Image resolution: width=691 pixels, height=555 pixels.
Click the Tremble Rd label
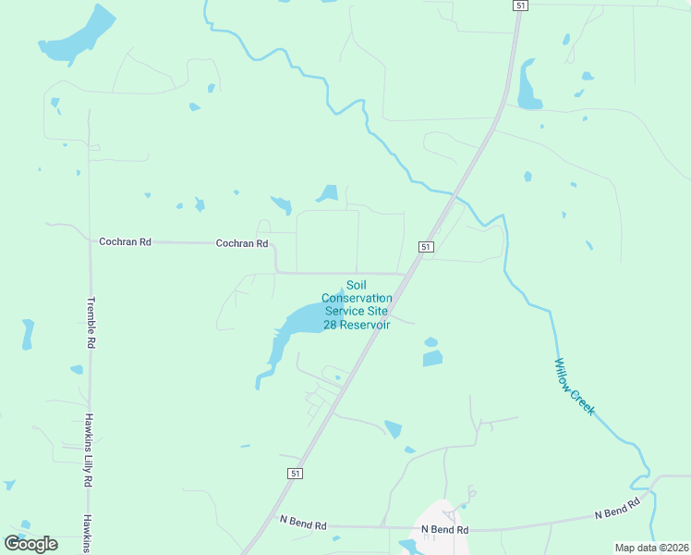[x=91, y=322]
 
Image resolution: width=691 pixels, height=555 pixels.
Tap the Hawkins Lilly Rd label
[x=90, y=450]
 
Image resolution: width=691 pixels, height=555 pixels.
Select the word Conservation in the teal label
[x=357, y=298]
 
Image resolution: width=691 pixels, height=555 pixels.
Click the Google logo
[x=30, y=544]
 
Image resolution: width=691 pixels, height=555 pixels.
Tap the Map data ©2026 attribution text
[x=651, y=548]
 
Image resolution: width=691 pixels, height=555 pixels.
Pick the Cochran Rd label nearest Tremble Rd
[x=125, y=241]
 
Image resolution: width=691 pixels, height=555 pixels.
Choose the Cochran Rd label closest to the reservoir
[x=241, y=244]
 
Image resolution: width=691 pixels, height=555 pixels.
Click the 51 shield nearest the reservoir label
[x=425, y=247]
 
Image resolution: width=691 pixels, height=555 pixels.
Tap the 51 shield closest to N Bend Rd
[x=295, y=473]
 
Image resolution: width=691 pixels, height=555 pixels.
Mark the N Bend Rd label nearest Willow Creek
[x=617, y=509]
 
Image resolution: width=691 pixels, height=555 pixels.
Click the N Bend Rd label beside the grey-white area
[x=445, y=530]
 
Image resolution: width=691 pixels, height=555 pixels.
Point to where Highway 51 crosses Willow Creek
[x=455, y=196]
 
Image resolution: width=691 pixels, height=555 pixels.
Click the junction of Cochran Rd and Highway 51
[x=407, y=274]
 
